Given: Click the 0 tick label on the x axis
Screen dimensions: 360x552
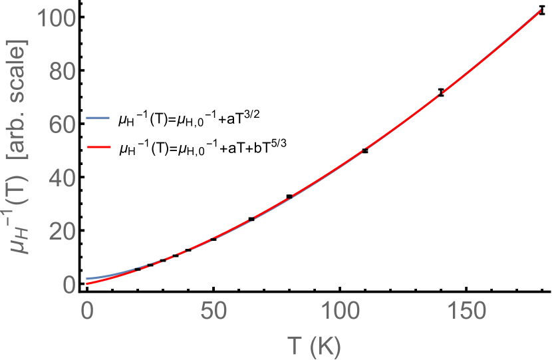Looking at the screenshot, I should (x=86, y=310).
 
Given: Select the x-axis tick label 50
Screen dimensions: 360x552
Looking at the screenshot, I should (x=213, y=310).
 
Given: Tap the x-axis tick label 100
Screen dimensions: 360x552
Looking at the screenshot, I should (x=339, y=310).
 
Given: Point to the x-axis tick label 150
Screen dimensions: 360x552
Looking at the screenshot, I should (x=466, y=310).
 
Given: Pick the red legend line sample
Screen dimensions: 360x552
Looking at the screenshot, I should (x=98, y=146).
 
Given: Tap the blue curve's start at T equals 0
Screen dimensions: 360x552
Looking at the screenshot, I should (x=87, y=279).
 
